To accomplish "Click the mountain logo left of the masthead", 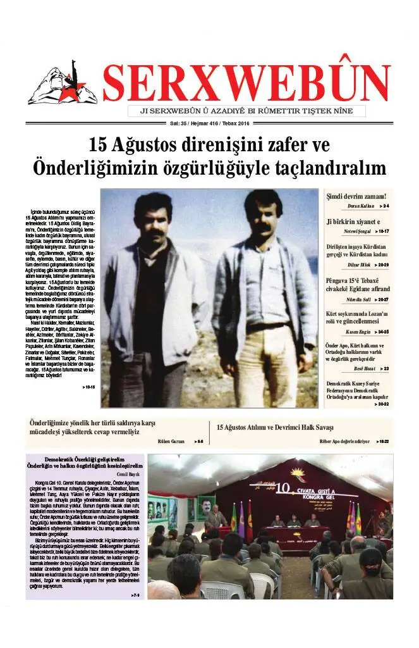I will [x=62, y=84].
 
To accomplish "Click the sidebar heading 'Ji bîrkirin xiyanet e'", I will [x=353, y=221].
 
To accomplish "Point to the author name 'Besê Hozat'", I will [x=365, y=368].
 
